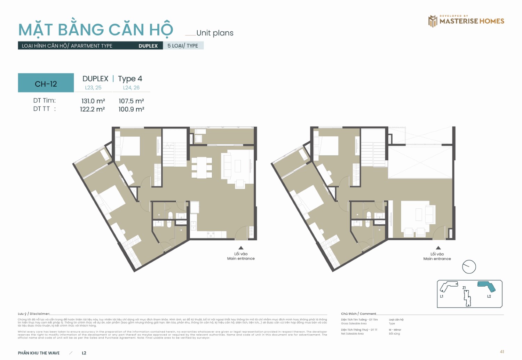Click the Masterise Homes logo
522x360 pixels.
pyautogui.click(x=466, y=21)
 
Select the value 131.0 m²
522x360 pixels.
pyautogui.click(x=93, y=101)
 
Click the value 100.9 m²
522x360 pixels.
pyautogui.click(x=131, y=109)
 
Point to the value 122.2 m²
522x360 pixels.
pyautogui.click(x=92, y=109)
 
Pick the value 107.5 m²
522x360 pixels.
pyautogui.click(x=131, y=101)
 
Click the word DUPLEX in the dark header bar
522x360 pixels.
pyautogui.click(x=148, y=46)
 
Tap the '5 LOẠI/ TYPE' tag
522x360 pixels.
pyautogui.click(x=183, y=46)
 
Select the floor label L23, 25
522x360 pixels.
pyautogui.click(x=93, y=88)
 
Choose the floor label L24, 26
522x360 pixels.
pyautogui.click(x=131, y=88)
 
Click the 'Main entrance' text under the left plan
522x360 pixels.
pyautogui.click(x=241, y=258)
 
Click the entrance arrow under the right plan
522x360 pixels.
pyautogui.click(x=438, y=248)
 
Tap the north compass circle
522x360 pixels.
pyautogui.click(x=469, y=267)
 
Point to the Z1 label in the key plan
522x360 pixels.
pyautogui.click(x=464, y=288)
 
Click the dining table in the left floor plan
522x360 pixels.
pyautogui.click(x=201, y=167)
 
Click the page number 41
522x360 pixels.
pyautogui.click(x=502, y=352)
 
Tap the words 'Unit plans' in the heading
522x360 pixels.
pyautogui.click(x=215, y=33)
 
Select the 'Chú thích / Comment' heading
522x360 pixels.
pyautogui.click(x=358, y=314)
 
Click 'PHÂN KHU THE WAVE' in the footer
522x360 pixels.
pyautogui.click(x=39, y=353)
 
